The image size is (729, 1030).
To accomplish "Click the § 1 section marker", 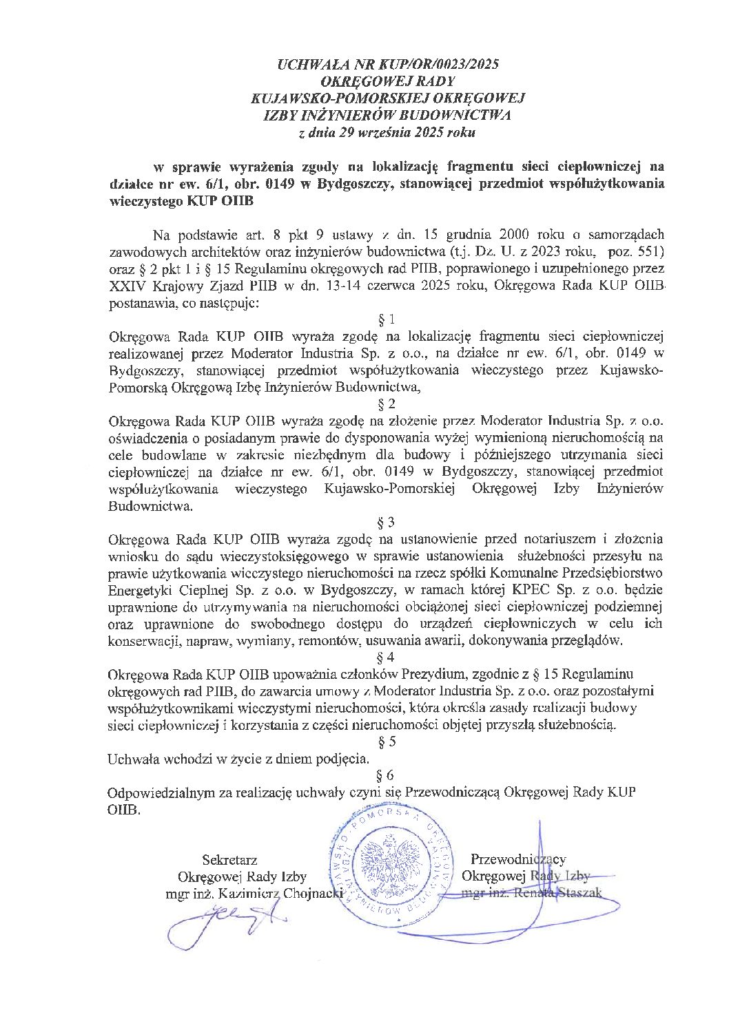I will pos(387,319).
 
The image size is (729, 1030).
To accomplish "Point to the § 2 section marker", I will pos(387,403).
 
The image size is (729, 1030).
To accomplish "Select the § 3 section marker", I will pos(387,521).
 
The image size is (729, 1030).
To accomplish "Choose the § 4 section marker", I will pos(387,656).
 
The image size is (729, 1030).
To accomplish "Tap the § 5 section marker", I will pos(387,742).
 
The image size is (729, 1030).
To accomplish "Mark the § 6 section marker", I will pos(387,775).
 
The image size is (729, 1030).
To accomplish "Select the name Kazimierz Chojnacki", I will pos(276,894).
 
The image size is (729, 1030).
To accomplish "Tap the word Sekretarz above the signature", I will pos(229,859).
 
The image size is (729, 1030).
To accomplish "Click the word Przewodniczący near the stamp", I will pos(518,859).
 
